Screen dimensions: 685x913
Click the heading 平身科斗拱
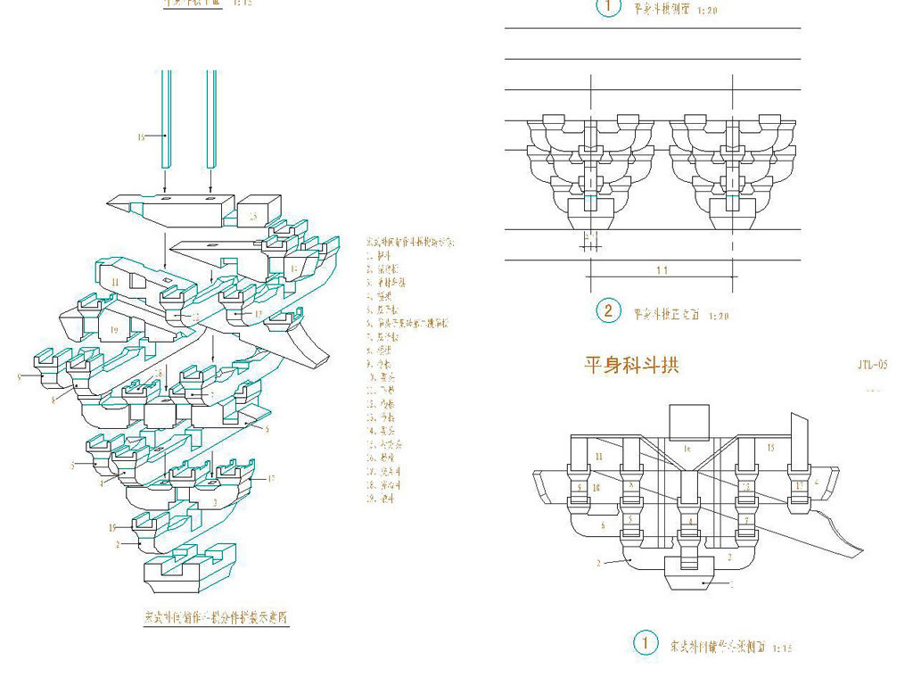(x=631, y=365)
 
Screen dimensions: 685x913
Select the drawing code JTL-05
(x=872, y=365)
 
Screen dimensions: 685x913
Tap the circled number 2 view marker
(x=608, y=310)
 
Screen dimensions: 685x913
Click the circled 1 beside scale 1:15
(x=643, y=643)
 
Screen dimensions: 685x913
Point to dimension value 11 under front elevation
(x=661, y=269)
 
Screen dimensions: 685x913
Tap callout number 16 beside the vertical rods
(x=140, y=136)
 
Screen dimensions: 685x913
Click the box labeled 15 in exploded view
(x=254, y=213)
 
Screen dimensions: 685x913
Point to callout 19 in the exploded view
(x=114, y=330)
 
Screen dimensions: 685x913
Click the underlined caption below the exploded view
(x=219, y=616)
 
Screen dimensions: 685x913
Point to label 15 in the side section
(x=770, y=447)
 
